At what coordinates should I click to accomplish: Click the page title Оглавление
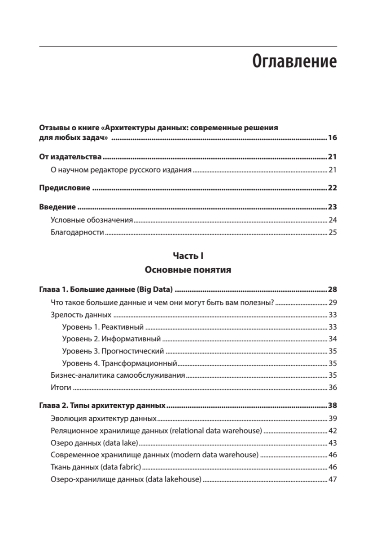pos(294,62)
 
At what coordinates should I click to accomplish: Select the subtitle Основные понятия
pos(188,270)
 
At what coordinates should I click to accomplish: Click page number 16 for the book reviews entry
pos(332,138)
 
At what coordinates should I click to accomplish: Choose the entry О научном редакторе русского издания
pos(121,170)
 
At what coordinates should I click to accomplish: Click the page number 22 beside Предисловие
pos(332,188)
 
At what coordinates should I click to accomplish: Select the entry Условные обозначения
pos(92,220)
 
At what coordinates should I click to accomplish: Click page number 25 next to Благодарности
pos(333,233)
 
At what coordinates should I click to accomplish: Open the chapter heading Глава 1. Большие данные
pos(106,289)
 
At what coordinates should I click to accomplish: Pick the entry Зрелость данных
pos(81,315)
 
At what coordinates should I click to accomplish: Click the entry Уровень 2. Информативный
pos(111,339)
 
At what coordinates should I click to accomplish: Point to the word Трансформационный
pos(139,363)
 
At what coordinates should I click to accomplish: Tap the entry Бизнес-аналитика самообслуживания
pos(118,375)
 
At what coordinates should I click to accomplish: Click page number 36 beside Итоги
pos(333,387)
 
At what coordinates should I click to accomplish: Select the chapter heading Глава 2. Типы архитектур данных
pos(102,406)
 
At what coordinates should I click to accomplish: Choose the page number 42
pos(333,431)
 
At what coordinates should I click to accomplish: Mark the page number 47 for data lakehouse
pos(333,479)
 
